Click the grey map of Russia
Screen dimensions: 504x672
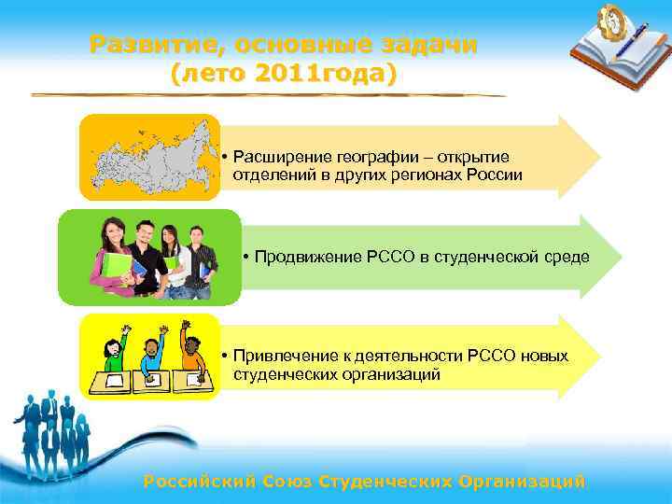(x=150, y=156)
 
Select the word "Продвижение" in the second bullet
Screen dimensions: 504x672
(x=302, y=257)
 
